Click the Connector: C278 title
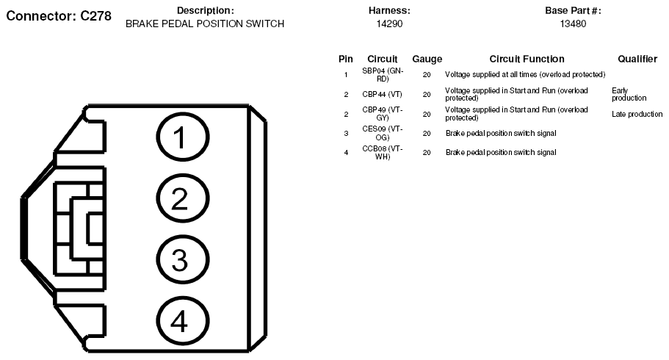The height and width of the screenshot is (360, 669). (x=59, y=16)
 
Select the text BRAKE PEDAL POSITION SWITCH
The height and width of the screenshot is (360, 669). (x=205, y=24)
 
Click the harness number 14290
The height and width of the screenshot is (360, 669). (x=389, y=24)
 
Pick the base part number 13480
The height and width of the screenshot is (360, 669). (x=573, y=24)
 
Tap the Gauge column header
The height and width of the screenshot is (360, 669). (x=427, y=60)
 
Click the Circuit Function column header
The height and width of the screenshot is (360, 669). (x=527, y=59)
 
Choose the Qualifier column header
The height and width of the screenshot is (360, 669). (x=637, y=59)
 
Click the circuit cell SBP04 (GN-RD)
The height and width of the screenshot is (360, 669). (x=383, y=75)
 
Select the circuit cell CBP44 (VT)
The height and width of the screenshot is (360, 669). (x=383, y=94)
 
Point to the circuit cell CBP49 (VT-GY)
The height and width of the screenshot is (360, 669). (x=383, y=114)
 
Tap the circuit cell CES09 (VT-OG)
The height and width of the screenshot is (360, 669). (x=383, y=133)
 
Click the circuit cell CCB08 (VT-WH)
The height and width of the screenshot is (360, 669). (x=383, y=153)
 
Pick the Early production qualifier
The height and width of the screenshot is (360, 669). (x=629, y=94)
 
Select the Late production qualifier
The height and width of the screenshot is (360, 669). (x=637, y=114)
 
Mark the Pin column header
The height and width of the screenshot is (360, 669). (x=346, y=59)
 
